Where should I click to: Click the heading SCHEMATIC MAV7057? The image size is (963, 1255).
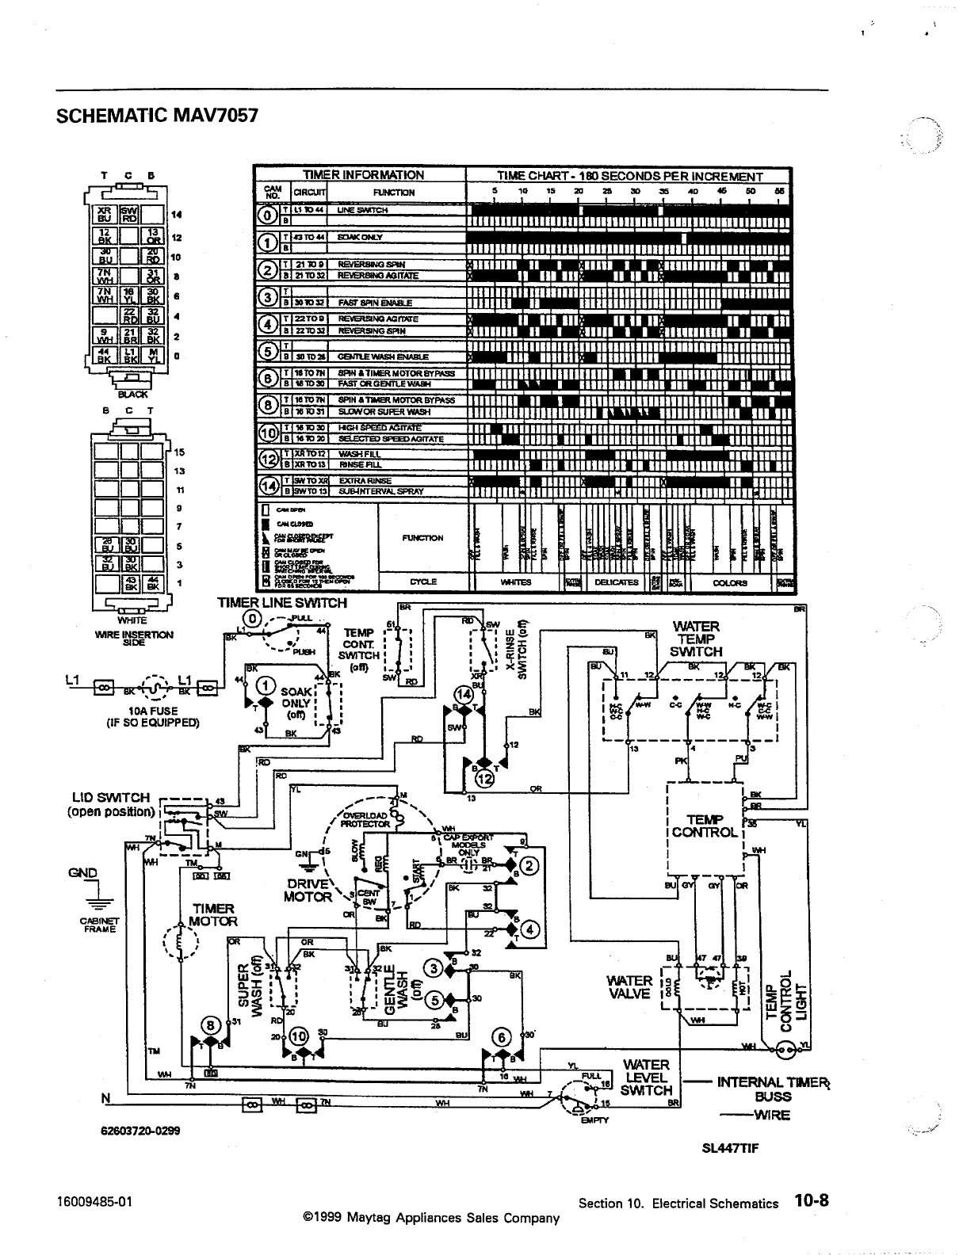158,116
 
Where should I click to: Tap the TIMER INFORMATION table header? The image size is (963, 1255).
364,175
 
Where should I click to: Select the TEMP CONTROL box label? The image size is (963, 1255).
705,826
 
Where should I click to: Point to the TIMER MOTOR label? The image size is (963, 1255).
213,914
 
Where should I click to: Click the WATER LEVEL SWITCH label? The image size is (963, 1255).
647,1077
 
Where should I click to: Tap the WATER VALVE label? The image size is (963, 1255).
629,987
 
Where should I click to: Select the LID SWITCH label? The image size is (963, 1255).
110,804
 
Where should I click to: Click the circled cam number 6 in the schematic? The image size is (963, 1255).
501,1036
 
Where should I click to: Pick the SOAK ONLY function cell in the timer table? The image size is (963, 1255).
361,237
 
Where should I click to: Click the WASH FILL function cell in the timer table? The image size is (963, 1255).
354,454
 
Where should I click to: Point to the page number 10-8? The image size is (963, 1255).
812,1200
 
